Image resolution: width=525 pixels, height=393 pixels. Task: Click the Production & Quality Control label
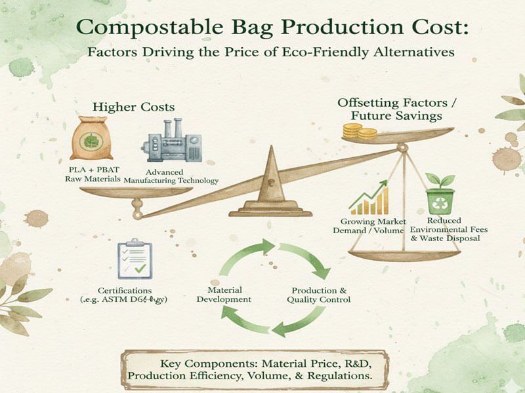[x=318, y=294]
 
